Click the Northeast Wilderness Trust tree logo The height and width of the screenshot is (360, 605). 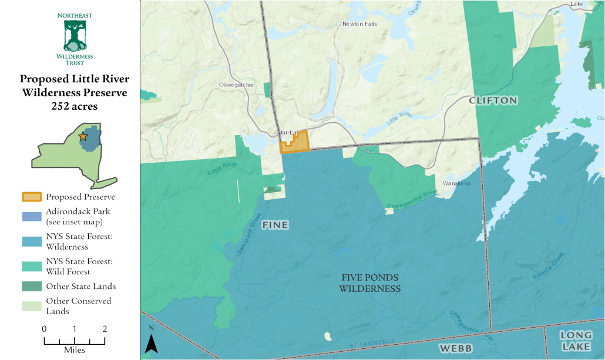click(75, 35)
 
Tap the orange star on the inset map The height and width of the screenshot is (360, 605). click(83, 136)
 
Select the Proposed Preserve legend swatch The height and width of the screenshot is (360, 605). click(32, 197)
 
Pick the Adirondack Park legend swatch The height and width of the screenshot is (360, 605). click(32, 216)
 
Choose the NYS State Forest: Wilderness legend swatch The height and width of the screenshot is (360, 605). click(32, 241)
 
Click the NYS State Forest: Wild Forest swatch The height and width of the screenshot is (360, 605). click(32, 266)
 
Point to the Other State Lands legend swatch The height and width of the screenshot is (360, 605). click(32, 286)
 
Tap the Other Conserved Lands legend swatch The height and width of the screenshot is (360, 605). click(32, 305)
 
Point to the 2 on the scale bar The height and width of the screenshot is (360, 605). click(105, 329)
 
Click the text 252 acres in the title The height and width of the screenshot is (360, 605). click(74, 106)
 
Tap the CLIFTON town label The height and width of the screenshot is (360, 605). click(493, 100)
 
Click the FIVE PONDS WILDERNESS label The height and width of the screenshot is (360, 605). click(369, 282)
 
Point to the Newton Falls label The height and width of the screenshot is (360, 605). click(359, 24)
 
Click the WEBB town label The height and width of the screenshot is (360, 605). click(455, 348)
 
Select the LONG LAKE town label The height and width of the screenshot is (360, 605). click(576, 341)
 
